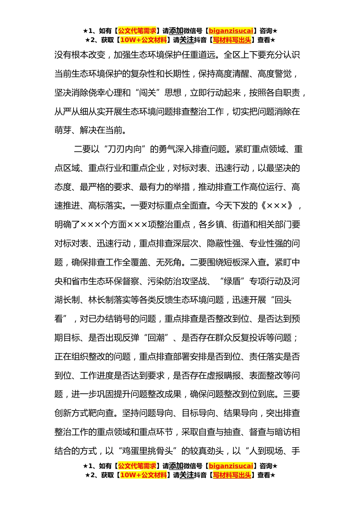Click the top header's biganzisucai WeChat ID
pos(231,31)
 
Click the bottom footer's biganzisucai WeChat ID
pos(231,466)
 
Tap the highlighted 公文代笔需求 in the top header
pos(137,31)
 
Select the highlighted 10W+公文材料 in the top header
pos(143,40)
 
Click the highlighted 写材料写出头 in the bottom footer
pos(232,475)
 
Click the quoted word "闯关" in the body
pos(153,93)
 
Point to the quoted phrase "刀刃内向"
pos(125,149)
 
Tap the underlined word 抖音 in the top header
pos(200,40)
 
